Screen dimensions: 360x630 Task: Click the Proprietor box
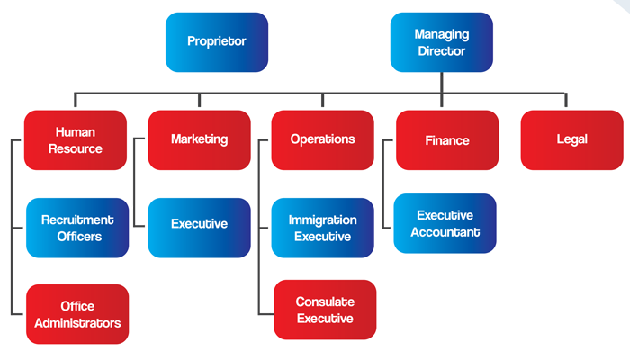tap(217, 42)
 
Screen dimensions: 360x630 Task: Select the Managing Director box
tap(441, 42)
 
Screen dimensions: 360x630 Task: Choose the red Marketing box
tap(199, 139)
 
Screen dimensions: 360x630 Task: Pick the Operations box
tap(322, 139)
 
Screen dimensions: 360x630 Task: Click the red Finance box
tap(447, 140)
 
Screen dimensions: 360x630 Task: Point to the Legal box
tap(571, 139)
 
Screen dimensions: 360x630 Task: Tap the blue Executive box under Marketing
tap(199, 224)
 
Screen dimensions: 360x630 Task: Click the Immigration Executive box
tap(322, 229)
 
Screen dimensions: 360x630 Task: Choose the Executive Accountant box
tap(445, 224)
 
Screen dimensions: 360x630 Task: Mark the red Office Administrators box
tap(77, 314)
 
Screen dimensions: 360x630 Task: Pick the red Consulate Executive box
tap(324, 310)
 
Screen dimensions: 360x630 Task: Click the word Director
tap(441, 51)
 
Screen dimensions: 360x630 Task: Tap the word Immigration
tap(322, 220)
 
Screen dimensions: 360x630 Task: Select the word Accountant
tap(445, 232)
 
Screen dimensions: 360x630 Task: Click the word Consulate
tap(324, 301)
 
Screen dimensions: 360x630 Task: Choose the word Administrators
tap(77, 323)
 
